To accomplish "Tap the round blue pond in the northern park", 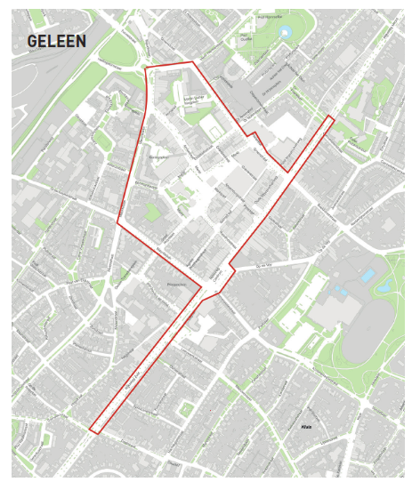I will (x=285, y=33).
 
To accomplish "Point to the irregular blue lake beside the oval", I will (x=384, y=287).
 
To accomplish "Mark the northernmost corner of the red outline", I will (x=192, y=62).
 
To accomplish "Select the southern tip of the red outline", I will (x=93, y=433).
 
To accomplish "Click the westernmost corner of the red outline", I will (x=117, y=224).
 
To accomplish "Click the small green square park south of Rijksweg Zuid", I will (x=185, y=409).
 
